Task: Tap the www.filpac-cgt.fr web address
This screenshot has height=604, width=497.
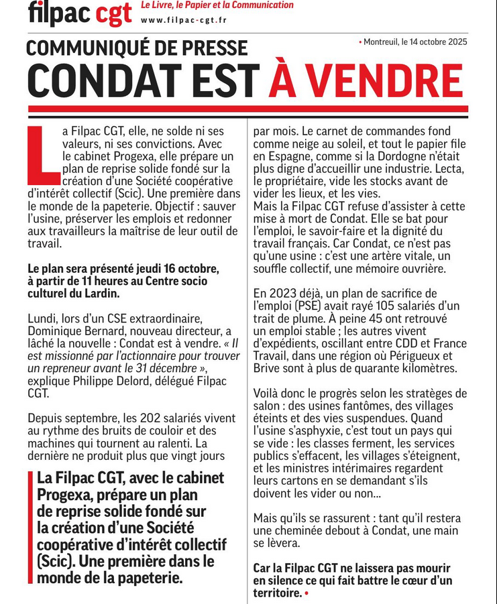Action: point(183,19)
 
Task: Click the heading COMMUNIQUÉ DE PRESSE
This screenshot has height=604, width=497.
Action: point(137,48)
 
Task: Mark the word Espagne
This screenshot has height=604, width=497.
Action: point(286,156)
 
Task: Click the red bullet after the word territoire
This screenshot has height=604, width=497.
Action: point(307,593)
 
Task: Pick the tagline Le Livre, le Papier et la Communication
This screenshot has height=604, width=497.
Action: point(217,5)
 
